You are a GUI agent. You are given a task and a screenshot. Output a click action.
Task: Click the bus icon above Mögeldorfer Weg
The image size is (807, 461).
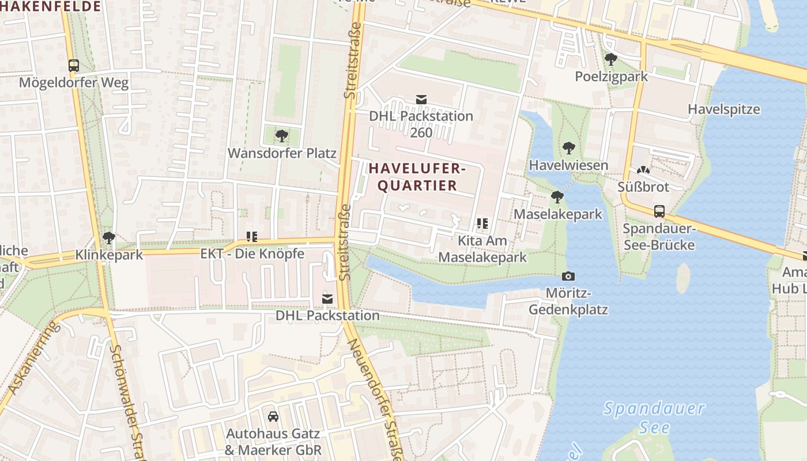73,66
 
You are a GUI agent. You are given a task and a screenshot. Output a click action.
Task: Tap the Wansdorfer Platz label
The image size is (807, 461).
282,153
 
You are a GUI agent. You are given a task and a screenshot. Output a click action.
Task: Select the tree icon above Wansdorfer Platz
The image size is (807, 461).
282,137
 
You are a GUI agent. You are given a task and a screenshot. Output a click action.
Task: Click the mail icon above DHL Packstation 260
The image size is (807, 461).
421,100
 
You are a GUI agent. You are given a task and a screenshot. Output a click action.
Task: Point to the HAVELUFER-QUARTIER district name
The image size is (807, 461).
417,177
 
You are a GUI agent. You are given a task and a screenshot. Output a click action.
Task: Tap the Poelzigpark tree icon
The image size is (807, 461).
611,59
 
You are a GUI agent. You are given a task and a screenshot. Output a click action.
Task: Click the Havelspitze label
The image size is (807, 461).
724,109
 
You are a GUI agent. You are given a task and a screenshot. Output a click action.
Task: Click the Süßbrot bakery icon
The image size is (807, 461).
643,171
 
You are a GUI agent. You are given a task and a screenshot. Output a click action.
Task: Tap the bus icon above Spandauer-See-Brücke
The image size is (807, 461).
659,211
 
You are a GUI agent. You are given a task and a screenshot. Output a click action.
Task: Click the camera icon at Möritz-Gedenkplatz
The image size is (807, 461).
568,277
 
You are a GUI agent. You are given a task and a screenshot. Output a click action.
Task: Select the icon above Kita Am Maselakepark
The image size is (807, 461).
482,224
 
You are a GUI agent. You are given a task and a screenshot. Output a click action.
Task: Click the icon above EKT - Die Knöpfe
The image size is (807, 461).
252,236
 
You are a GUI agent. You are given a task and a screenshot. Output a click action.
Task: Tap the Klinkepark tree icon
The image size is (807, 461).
109,238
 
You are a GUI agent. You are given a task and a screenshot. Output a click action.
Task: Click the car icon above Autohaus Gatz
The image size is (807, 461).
273,416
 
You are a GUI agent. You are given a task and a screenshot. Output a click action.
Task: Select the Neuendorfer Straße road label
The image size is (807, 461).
373,398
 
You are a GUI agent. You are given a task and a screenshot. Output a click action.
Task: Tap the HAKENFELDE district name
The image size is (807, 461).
51,6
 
